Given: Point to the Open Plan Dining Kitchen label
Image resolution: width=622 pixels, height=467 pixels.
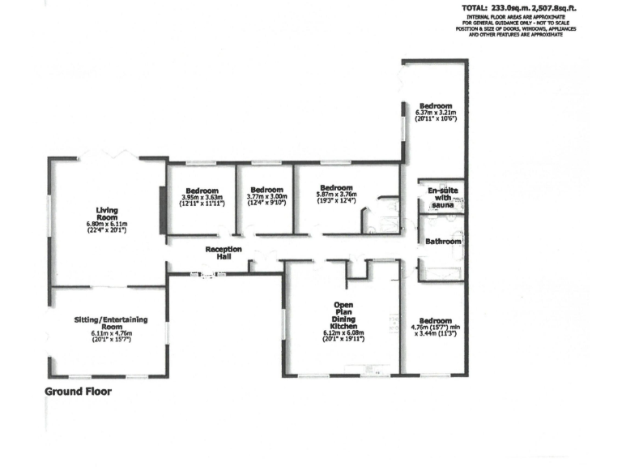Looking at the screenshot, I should pos(343,316).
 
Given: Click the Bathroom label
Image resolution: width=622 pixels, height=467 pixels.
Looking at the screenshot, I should pos(443,242).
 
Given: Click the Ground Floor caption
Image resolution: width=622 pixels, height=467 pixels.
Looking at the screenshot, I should pos(78,391).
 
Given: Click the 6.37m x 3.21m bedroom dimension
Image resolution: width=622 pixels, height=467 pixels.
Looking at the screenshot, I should pos(436,111).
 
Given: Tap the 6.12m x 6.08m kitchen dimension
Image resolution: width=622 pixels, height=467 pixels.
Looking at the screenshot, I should pos(343,332).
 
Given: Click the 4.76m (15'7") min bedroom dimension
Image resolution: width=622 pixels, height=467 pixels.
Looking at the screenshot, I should pos(434,328).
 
